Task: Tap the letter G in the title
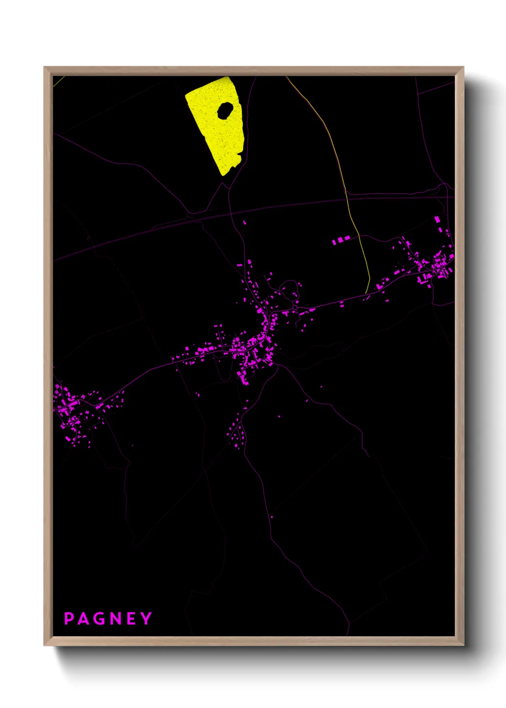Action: (x=99, y=619)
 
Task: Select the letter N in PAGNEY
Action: (x=115, y=619)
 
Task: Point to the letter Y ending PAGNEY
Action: (x=146, y=619)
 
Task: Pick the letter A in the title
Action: (x=83, y=619)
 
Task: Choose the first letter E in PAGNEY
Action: (x=131, y=619)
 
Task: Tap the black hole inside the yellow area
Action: (x=225, y=111)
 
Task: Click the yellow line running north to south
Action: (x=356, y=230)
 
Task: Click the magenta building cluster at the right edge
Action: (x=433, y=265)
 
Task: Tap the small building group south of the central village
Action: (x=236, y=433)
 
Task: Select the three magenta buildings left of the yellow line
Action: (x=341, y=240)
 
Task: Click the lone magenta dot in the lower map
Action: (x=272, y=517)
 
